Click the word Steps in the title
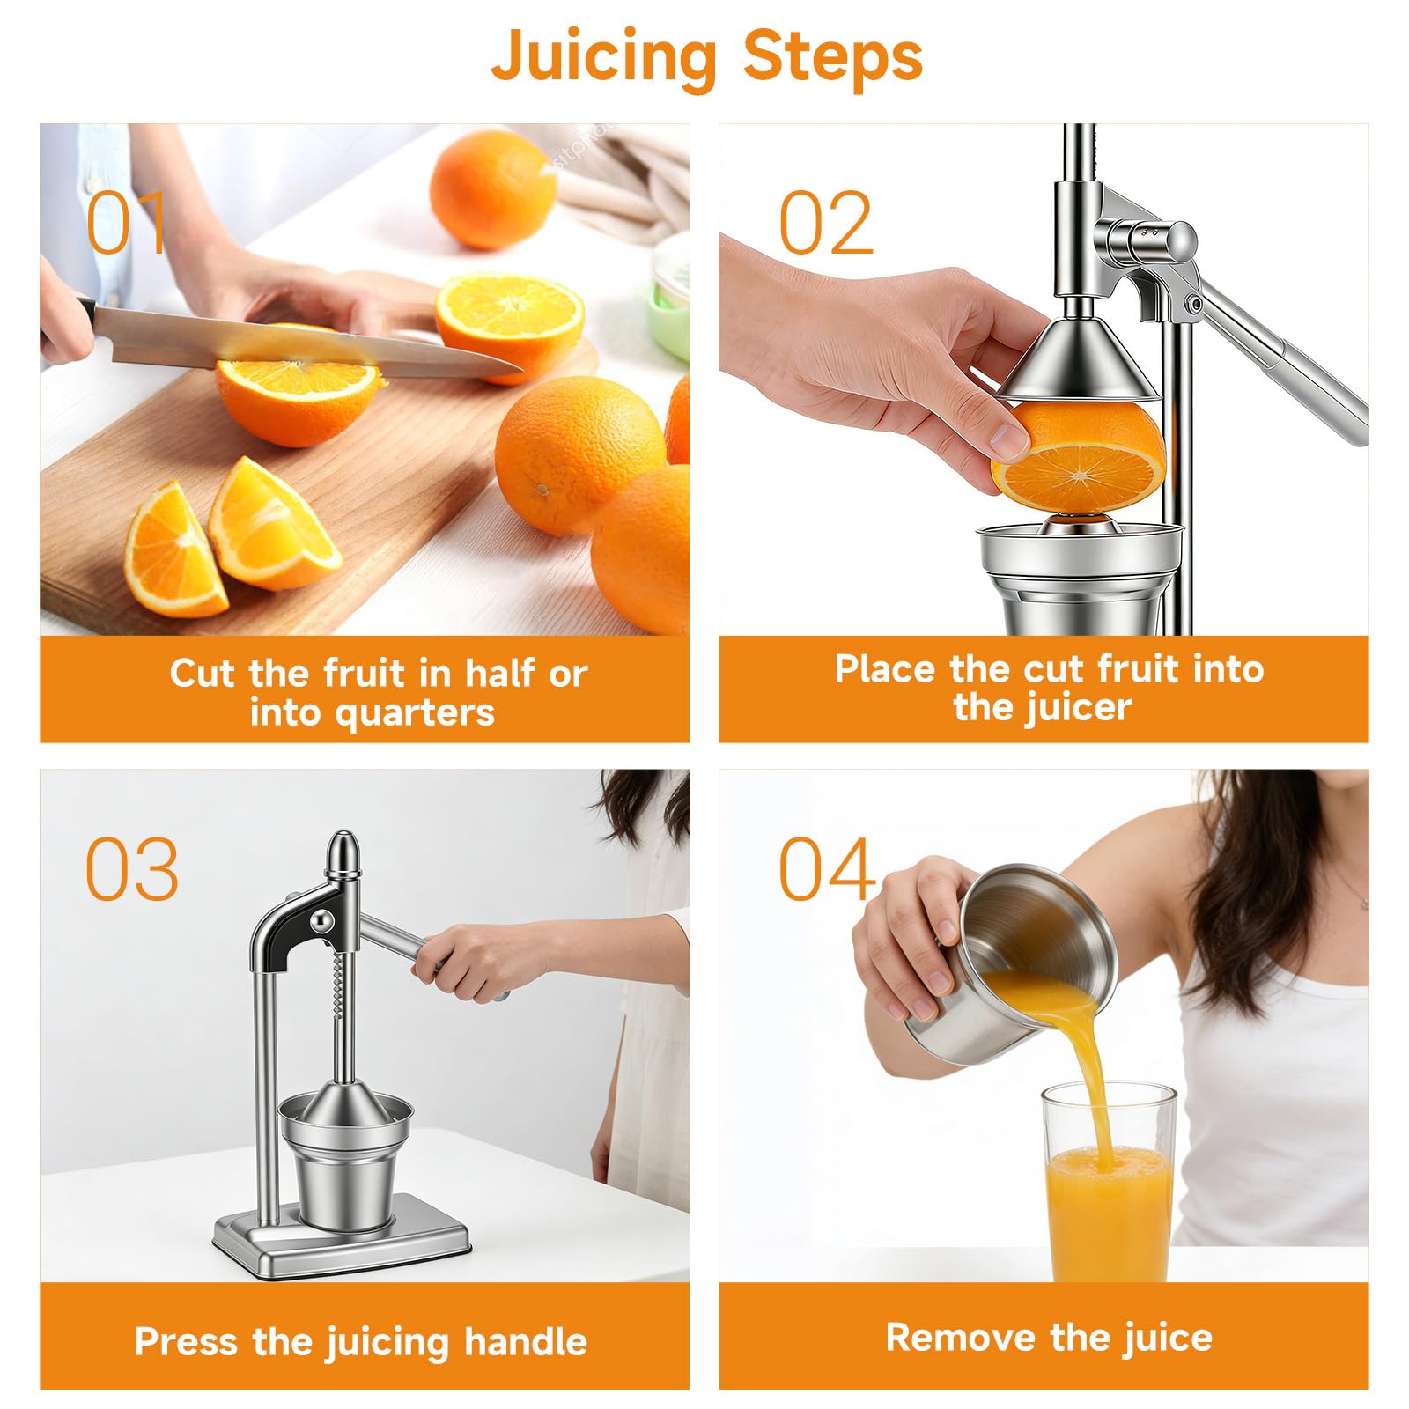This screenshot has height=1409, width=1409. pyautogui.click(x=833, y=55)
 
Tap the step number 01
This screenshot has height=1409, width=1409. pyautogui.click(x=126, y=224)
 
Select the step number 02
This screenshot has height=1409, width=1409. pyautogui.click(x=825, y=224)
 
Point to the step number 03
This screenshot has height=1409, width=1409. pyautogui.click(x=132, y=869)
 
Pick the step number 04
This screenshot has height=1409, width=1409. pyautogui.click(x=827, y=869)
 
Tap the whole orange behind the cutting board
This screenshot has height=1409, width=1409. pyautogui.click(x=492, y=188)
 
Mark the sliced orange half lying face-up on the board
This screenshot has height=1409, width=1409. pyautogui.click(x=510, y=321)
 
